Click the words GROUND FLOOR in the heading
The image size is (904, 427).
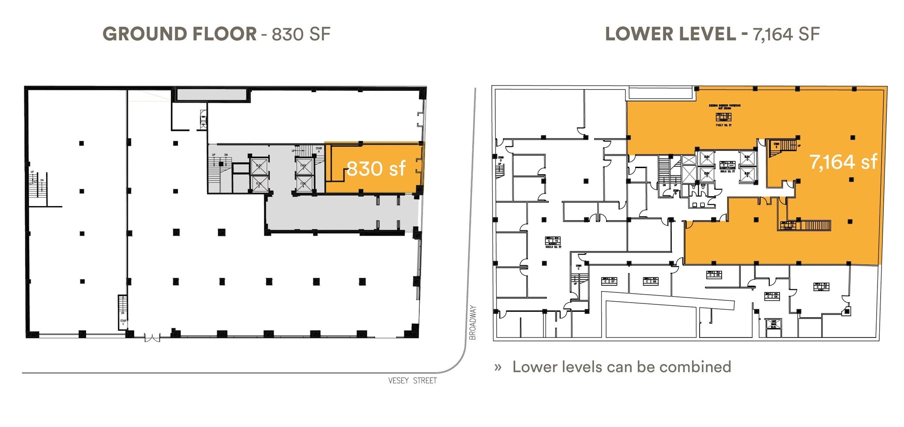pyautogui.click(x=179, y=34)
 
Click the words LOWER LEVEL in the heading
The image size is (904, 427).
pyautogui.click(x=670, y=34)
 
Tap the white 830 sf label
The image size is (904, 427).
pyautogui.click(x=376, y=169)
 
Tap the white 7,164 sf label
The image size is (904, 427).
pyautogui.click(x=843, y=162)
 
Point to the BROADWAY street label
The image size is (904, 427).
pyautogui.click(x=473, y=322)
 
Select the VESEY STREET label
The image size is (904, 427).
pyautogui.click(x=412, y=381)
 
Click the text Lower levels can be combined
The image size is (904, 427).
pyautogui.click(x=621, y=367)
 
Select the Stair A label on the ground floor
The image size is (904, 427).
pyautogui.click(x=319, y=150)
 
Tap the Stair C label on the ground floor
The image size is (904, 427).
pyautogui.click(x=123, y=322)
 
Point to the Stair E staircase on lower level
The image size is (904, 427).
pyautogui.click(x=783, y=147)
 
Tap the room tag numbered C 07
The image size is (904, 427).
pyautogui.click(x=609, y=281)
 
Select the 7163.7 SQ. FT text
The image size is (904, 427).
pyautogui.click(x=723, y=125)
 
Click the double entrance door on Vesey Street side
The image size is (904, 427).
pyautogui.click(x=152, y=338)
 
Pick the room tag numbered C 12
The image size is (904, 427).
pyautogui.click(x=788, y=225)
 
